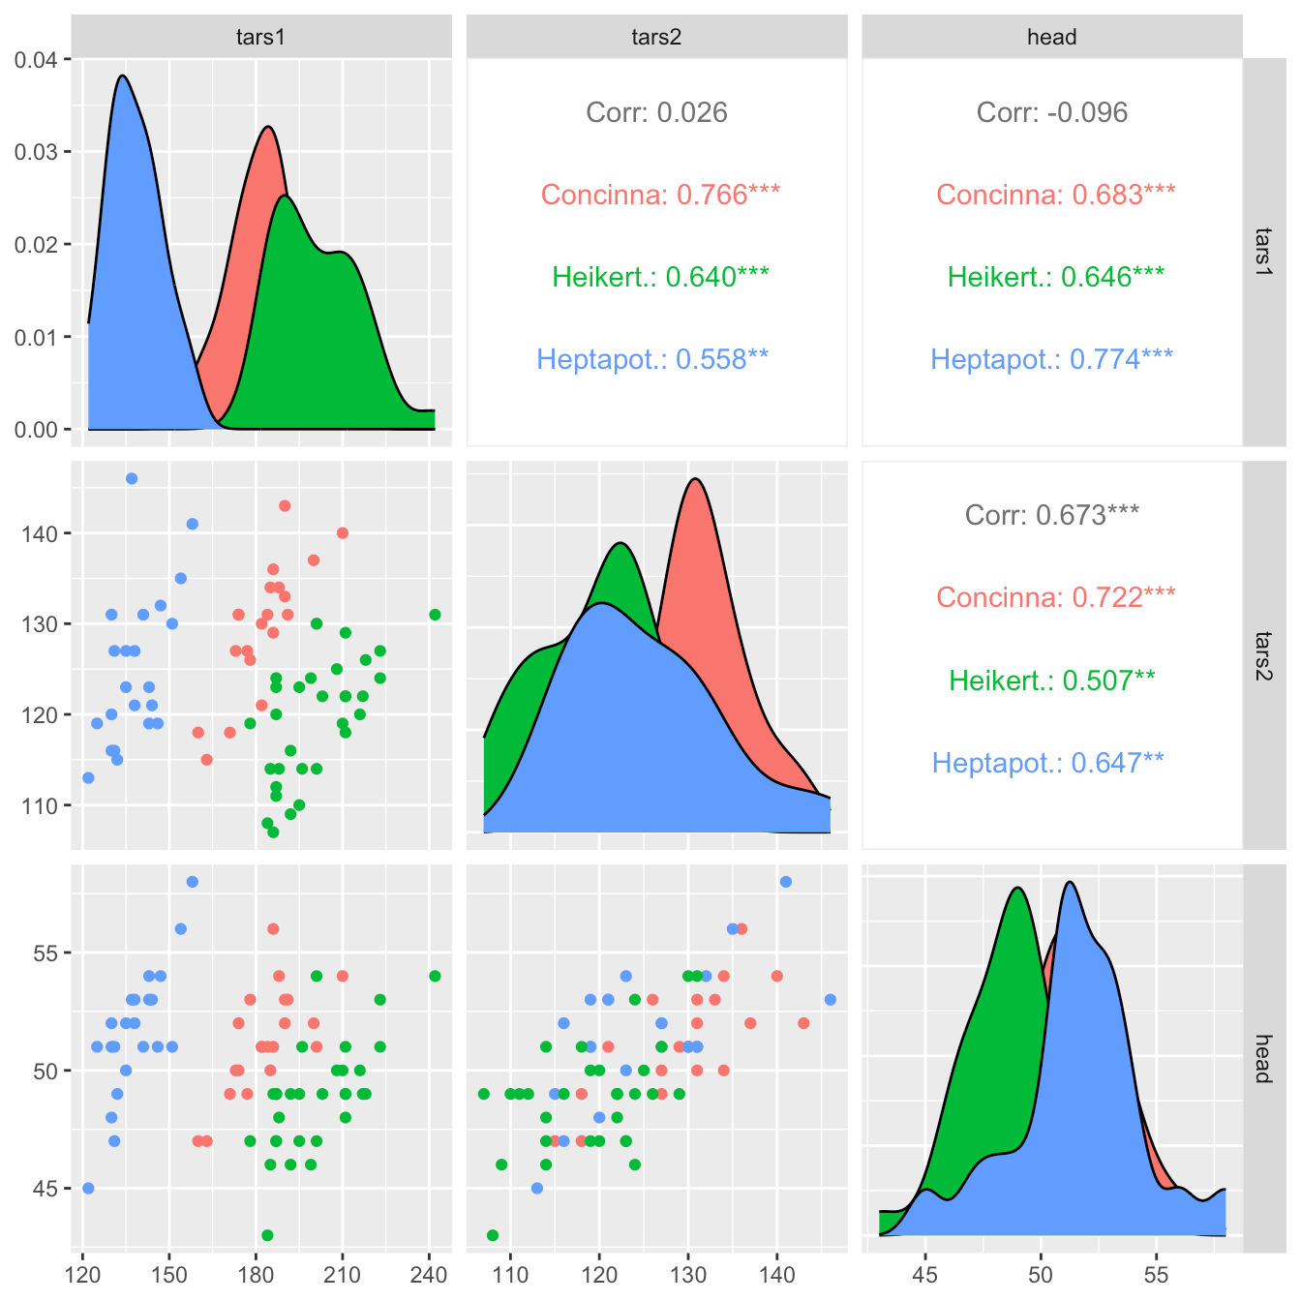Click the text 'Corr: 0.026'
point(656,112)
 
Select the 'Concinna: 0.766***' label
point(660,195)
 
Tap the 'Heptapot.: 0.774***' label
point(1051,359)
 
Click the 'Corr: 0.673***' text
point(1051,514)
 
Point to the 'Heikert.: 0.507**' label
point(1051,680)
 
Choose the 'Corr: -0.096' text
point(1051,112)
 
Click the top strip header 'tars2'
point(656,37)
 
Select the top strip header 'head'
point(1051,37)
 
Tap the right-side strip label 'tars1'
point(1263,252)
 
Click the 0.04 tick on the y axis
point(36,60)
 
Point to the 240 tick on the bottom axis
point(429,1274)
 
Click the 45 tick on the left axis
point(45,1188)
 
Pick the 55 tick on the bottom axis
point(1156,1274)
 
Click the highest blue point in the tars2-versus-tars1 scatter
point(132,478)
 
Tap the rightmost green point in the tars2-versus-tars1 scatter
point(435,615)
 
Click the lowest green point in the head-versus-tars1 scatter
point(267,1235)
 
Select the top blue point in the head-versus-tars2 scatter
point(786,881)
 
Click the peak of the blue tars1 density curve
point(122,76)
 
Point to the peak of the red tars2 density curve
point(695,478)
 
